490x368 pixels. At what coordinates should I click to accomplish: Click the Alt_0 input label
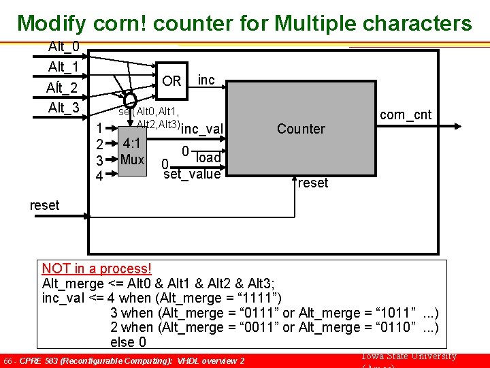tap(63, 47)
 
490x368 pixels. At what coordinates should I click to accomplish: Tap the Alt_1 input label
tap(63, 67)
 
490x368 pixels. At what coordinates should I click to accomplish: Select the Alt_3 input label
tap(63, 108)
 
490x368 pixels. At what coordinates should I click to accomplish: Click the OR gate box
tap(171, 81)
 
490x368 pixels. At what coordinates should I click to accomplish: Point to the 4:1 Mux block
tap(133, 152)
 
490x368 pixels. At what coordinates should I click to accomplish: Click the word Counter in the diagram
tap(301, 129)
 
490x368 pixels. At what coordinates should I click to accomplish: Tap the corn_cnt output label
tap(406, 114)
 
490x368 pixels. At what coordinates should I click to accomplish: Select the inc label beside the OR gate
tap(206, 80)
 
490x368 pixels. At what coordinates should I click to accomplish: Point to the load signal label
tap(208, 158)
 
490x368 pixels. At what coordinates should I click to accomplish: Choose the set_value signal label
tap(192, 174)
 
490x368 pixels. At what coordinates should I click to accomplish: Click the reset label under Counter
tap(313, 183)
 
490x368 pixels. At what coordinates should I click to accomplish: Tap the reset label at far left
tap(45, 204)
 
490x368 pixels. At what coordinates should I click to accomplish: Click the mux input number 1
tap(99, 128)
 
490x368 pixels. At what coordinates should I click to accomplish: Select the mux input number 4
tap(99, 177)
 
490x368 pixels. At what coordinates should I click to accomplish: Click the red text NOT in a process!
tap(97, 269)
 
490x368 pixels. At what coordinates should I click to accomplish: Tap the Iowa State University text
tap(406, 356)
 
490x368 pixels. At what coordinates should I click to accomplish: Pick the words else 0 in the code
tap(128, 342)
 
